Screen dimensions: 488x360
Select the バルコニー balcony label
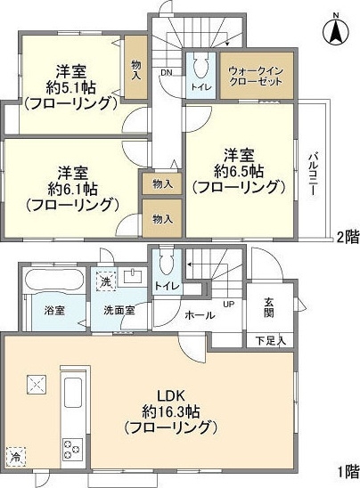click(x=313, y=172)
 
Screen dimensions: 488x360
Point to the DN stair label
click(x=166, y=74)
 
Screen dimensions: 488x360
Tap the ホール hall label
click(x=199, y=315)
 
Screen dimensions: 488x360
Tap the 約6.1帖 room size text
click(x=68, y=188)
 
